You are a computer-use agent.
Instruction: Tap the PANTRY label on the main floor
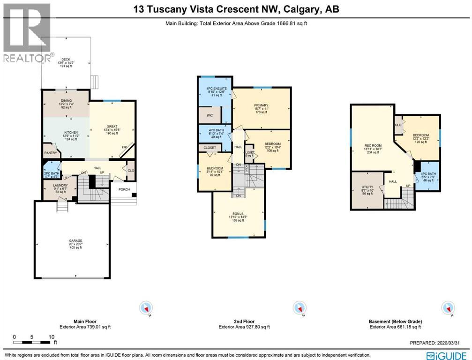pyautogui.click(x=50, y=153)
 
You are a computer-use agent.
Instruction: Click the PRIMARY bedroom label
pyautogui.click(x=261, y=105)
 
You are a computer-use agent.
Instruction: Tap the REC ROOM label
pyautogui.click(x=371, y=145)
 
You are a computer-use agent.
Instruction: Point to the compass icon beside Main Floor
pyautogui.click(x=146, y=308)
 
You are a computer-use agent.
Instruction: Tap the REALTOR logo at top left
pyautogui.click(x=27, y=33)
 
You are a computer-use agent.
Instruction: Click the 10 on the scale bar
pyautogui.click(x=52, y=337)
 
